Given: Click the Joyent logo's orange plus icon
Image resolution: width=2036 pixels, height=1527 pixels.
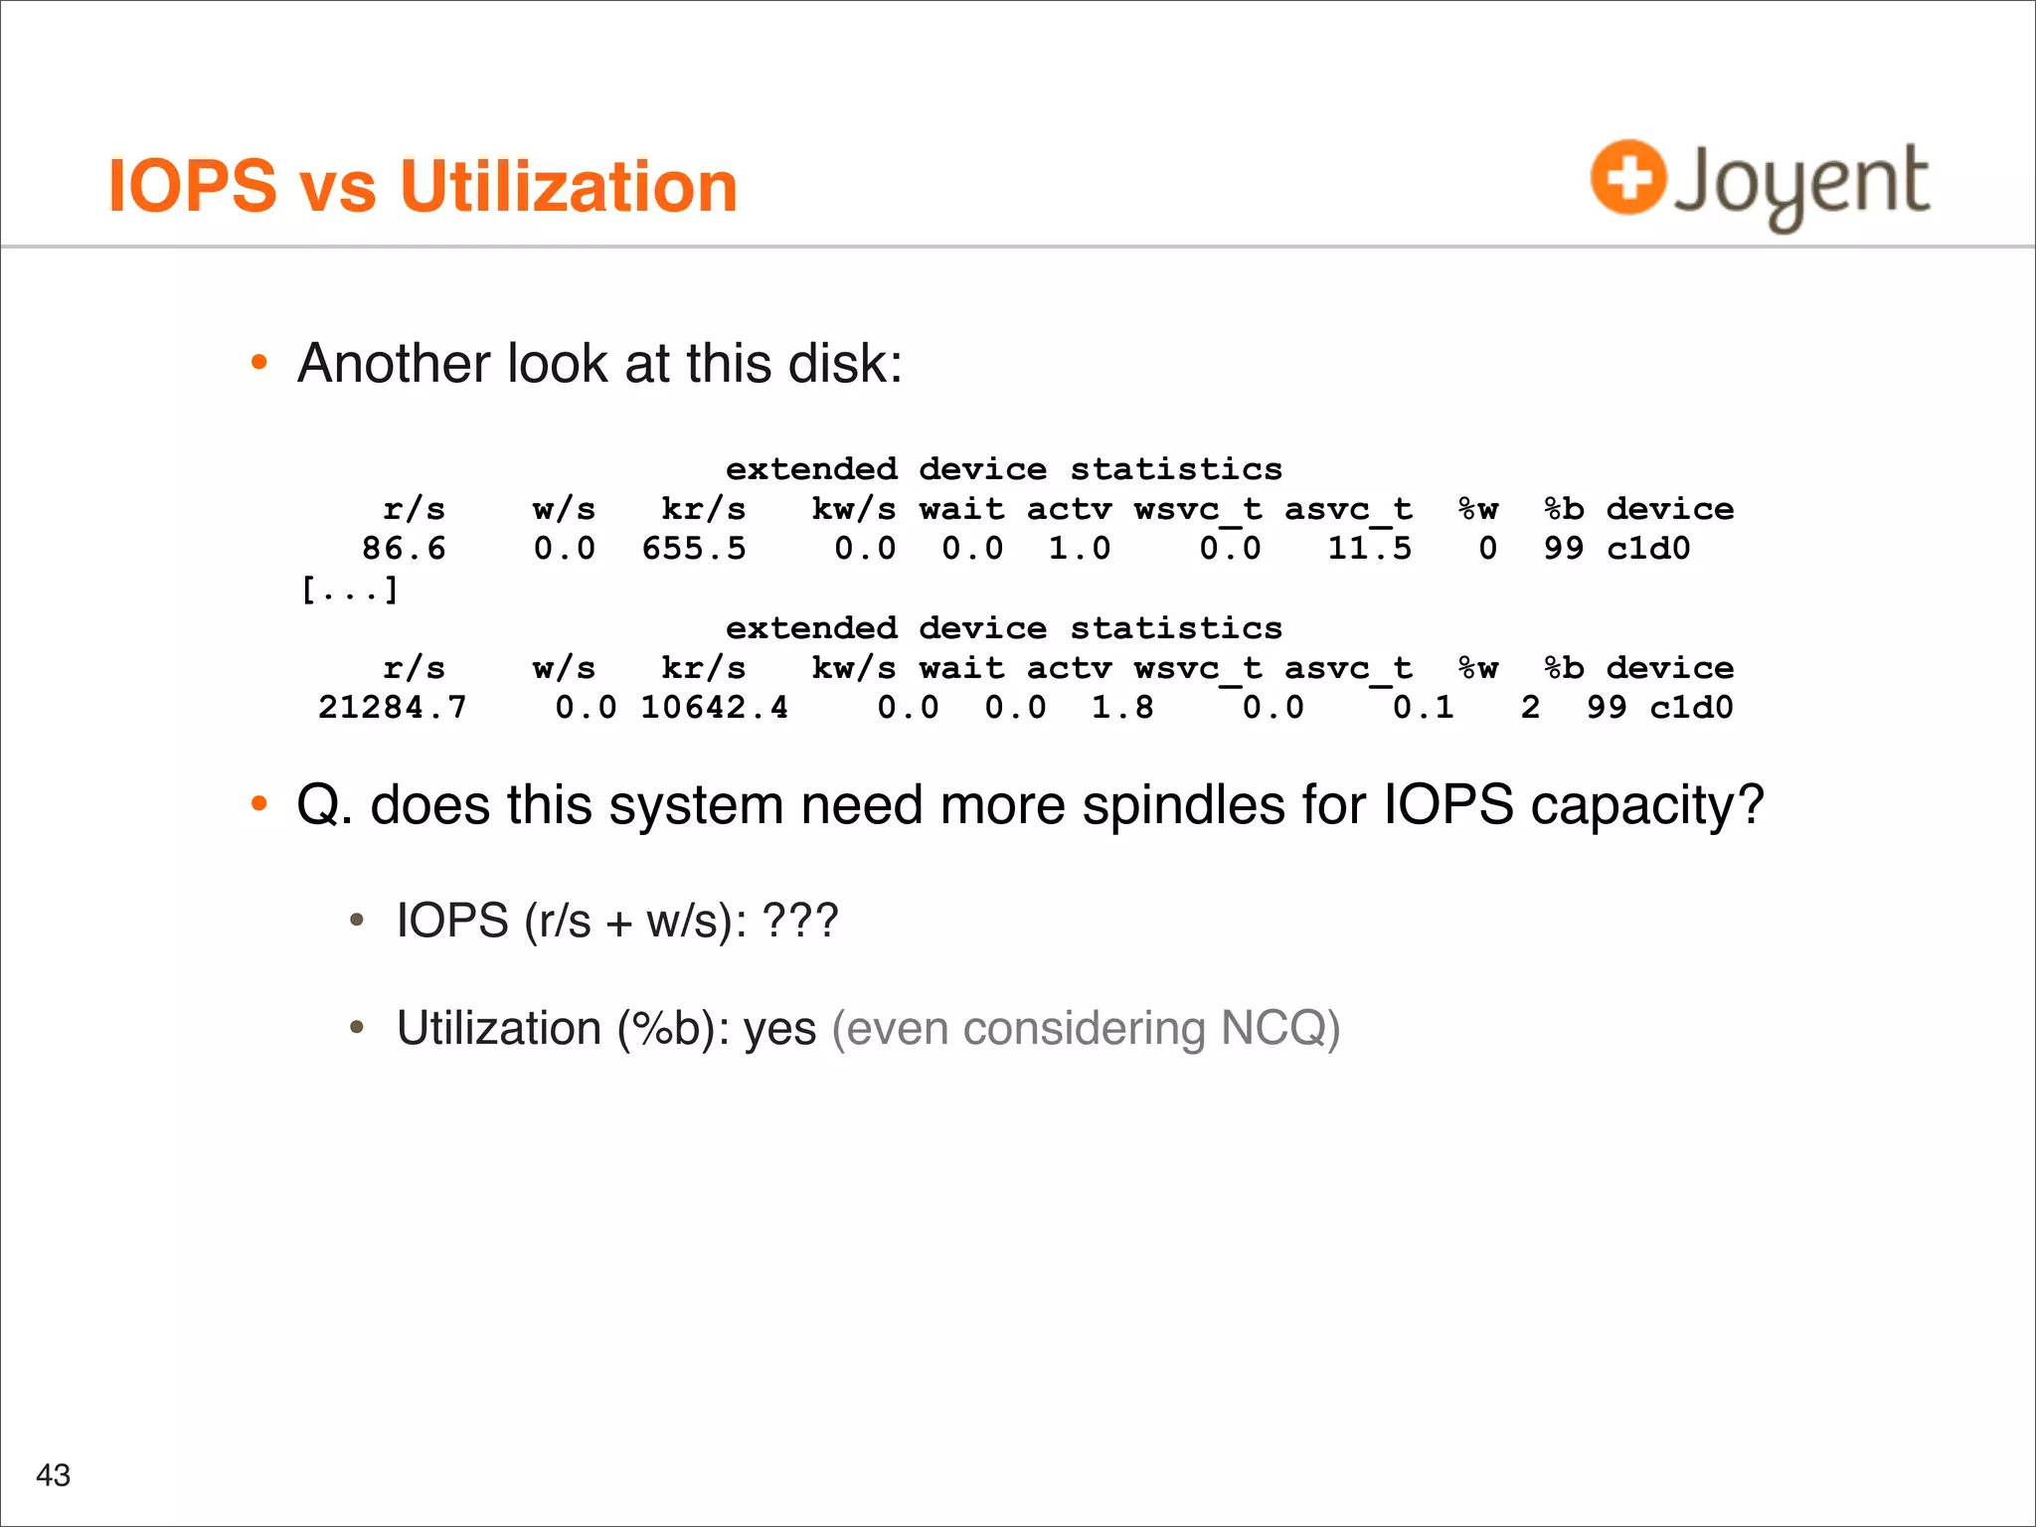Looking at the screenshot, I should click(1627, 177).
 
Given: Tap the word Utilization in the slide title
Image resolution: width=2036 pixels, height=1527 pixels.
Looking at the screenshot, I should click(569, 187).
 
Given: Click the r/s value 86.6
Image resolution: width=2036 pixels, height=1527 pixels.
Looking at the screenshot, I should click(404, 549).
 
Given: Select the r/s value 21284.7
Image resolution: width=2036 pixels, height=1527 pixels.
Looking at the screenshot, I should click(392, 708).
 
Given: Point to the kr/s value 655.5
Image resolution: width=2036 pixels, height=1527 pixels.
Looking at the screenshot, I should click(693, 549).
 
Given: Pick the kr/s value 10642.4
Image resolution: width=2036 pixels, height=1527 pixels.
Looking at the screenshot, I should click(714, 708).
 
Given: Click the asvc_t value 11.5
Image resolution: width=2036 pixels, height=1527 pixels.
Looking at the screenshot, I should click(1369, 549).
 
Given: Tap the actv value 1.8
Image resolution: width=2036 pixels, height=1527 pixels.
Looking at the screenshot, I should click(1122, 708).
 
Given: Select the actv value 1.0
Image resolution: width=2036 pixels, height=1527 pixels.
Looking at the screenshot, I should click(1080, 549).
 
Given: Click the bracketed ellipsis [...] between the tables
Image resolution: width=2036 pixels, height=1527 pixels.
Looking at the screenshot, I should click(350, 590).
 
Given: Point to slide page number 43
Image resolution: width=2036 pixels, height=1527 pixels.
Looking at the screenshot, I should click(53, 1474).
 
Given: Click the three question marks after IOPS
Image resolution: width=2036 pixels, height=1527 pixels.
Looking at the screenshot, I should click(800, 921).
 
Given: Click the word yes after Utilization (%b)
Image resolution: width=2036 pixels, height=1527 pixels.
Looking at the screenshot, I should click(780, 1030).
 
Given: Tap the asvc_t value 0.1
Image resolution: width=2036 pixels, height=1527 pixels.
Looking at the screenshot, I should click(1423, 708).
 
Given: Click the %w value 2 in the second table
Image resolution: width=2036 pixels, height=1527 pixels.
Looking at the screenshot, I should click(1530, 708).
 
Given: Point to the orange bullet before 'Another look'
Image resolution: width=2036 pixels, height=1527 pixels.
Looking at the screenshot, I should click(259, 363).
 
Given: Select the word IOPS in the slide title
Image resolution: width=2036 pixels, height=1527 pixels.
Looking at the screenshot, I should click(192, 187).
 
